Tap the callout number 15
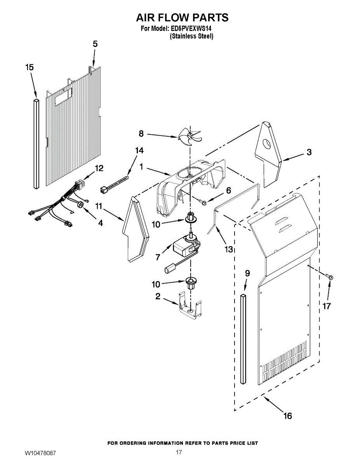click(x=30, y=68)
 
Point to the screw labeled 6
click(x=203, y=201)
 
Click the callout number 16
click(x=287, y=416)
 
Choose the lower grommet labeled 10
click(x=191, y=282)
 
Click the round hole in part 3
click(x=267, y=145)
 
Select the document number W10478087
click(x=40, y=453)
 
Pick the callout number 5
click(x=95, y=44)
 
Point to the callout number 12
click(x=99, y=168)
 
